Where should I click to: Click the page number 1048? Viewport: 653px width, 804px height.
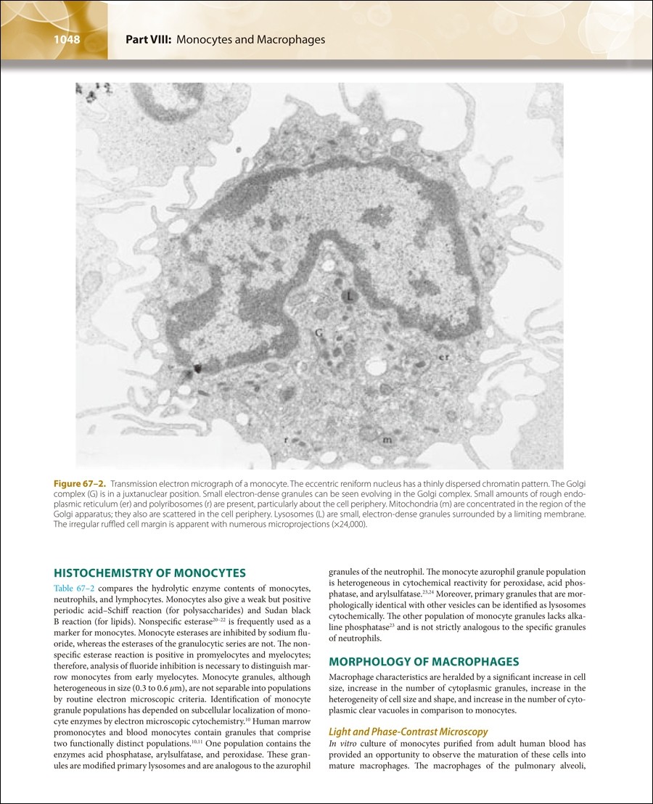[66, 39]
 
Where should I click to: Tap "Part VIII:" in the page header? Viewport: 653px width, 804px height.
[148, 39]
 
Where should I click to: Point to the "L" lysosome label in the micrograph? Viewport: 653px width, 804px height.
[349, 296]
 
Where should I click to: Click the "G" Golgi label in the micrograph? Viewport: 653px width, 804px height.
[318, 333]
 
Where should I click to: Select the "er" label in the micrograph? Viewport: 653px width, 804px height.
[444, 357]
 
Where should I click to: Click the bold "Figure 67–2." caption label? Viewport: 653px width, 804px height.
[80, 483]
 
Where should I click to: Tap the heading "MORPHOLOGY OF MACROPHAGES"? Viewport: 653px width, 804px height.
[424, 662]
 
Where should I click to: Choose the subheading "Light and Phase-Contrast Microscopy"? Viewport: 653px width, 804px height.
[408, 731]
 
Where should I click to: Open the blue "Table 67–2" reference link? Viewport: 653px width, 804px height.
[74, 588]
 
